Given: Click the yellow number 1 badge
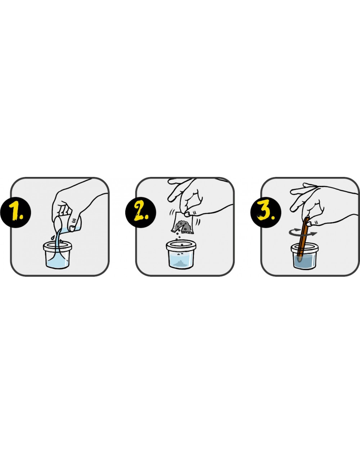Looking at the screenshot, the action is [x=15, y=213].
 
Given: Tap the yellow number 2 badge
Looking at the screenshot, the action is [x=141, y=213].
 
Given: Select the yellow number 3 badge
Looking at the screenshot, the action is [x=266, y=213].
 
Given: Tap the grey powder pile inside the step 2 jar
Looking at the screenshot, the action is [x=181, y=263].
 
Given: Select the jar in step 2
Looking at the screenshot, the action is [x=181, y=255].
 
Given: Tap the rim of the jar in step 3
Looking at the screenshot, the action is [x=305, y=248].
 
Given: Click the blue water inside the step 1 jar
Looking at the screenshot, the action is [x=57, y=263].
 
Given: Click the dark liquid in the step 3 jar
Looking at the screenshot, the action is [x=305, y=262].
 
